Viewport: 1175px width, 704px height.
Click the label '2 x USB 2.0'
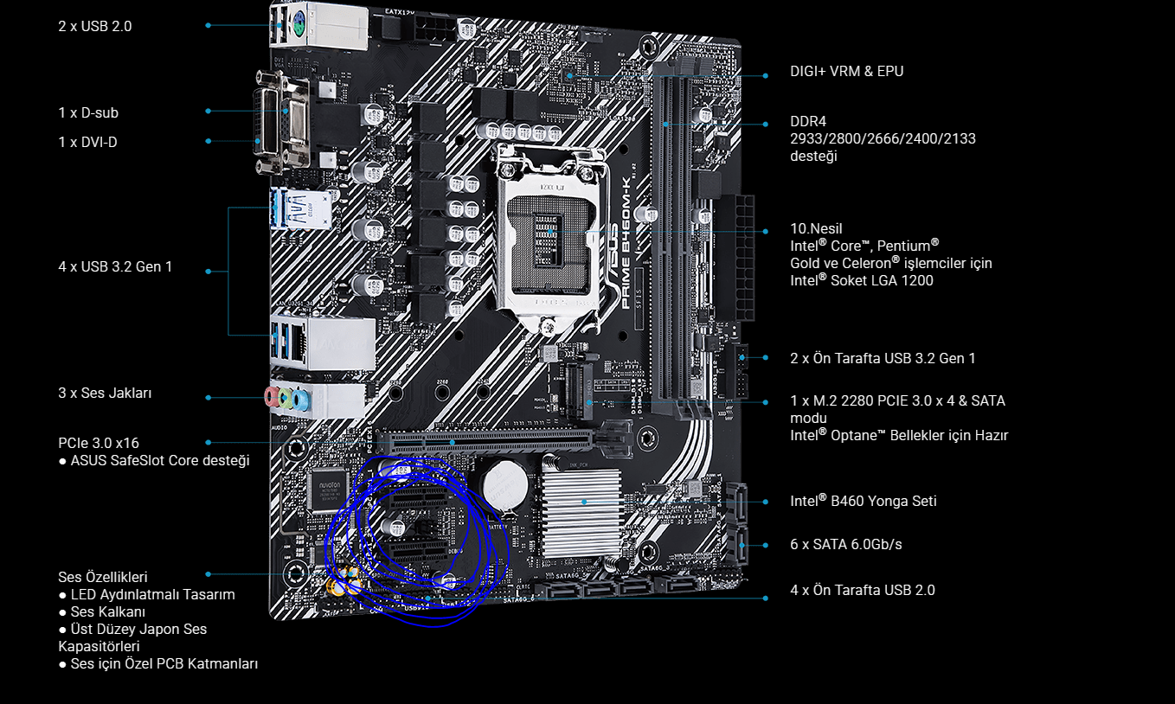pyautogui.click(x=95, y=26)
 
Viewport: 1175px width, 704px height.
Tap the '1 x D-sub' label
pyautogui.click(x=88, y=112)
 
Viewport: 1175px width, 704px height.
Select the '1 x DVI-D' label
pyautogui.click(x=87, y=142)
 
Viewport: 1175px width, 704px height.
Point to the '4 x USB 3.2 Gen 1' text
pyautogui.click(x=115, y=267)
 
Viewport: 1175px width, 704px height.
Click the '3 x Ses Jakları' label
pyautogui.click(x=105, y=394)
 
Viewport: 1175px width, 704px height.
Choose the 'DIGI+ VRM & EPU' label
pyautogui.click(x=846, y=71)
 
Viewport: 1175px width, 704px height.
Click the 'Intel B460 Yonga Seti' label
pyautogui.click(x=863, y=501)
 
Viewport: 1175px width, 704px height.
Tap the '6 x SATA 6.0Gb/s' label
pyautogui.click(x=846, y=544)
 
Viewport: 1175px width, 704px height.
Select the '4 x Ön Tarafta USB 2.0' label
pyautogui.click(x=863, y=590)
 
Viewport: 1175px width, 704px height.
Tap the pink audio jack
pyautogui.click(x=272, y=397)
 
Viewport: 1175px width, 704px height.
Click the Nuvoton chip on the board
pyautogui.click(x=330, y=490)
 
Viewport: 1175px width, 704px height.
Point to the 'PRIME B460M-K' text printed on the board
pyautogui.click(x=626, y=243)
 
